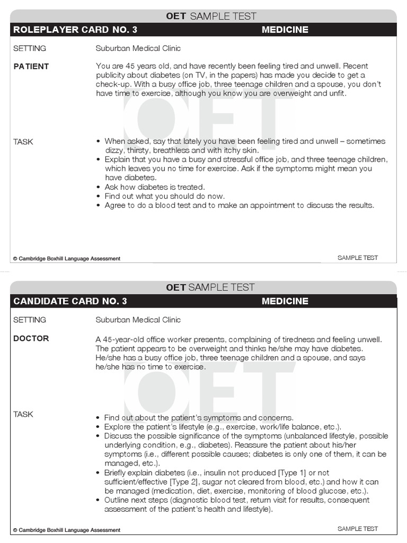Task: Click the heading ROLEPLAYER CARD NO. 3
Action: click(75, 30)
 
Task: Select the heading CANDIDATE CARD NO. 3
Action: click(70, 301)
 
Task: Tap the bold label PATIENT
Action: click(31, 66)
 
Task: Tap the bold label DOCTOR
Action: click(31, 338)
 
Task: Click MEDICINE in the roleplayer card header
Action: click(285, 30)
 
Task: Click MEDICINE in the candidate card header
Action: click(285, 301)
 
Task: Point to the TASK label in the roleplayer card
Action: click(23, 142)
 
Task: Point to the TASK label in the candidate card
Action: click(23, 414)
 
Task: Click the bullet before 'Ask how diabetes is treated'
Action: click(99, 187)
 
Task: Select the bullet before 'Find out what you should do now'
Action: click(99, 196)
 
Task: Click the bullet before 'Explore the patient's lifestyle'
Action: click(99, 427)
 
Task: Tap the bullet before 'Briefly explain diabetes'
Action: click(99, 472)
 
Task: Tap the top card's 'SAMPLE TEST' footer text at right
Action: click(358, 258)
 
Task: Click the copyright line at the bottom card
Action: click(67, 530)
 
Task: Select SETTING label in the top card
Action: click(30, 48)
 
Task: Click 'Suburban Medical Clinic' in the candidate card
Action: click(138, 320)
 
